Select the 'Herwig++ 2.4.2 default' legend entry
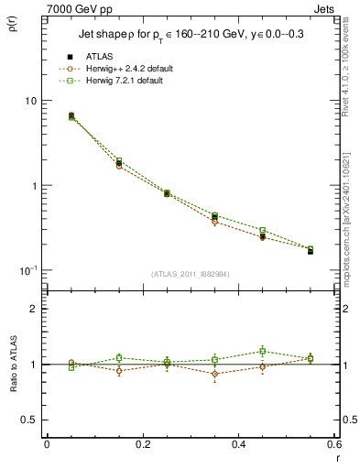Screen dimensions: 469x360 click(125, 69)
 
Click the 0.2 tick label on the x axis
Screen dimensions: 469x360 click(142, 445)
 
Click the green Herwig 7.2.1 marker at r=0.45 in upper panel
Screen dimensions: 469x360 click(262, 230)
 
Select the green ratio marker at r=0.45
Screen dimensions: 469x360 click(262, 351)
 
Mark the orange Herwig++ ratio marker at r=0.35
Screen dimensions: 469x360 click(214, 374)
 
